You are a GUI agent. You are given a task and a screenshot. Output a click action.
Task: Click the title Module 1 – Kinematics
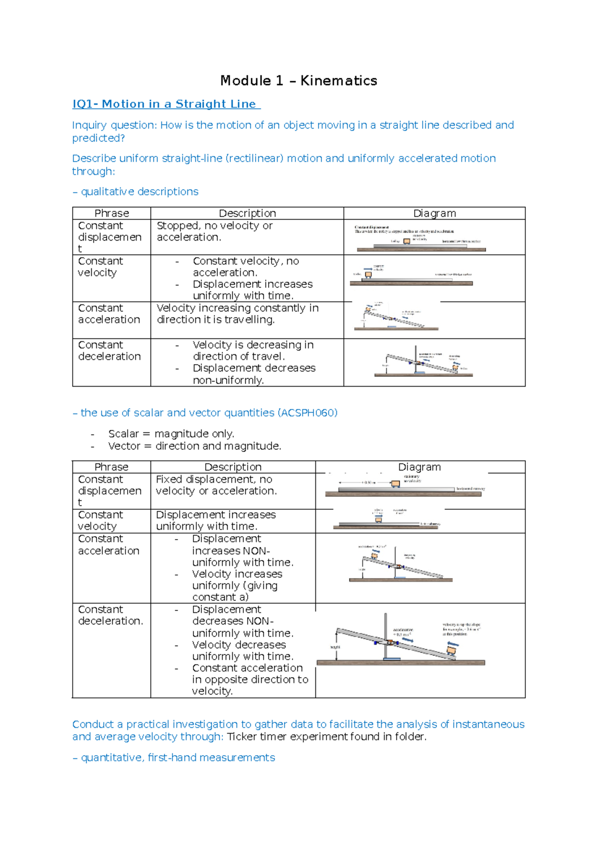[x=299, y=81]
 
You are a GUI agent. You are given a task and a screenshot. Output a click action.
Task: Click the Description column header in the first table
[x=247, y=213]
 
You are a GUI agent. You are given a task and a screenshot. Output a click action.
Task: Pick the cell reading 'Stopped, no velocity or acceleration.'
[x=214, y=232]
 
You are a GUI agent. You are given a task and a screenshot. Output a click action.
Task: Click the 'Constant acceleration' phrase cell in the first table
[x=109, y=314]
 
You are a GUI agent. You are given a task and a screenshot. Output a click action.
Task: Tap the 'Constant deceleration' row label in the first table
[x=109, y=351]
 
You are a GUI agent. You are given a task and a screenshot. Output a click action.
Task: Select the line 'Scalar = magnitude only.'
[x=171, y=434]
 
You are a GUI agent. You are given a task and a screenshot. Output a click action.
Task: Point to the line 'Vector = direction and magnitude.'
[x=194, y=446]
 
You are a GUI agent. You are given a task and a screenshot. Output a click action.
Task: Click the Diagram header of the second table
[x=419, y=467]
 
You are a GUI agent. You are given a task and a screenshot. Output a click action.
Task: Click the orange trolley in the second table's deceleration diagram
[x=451, y=650]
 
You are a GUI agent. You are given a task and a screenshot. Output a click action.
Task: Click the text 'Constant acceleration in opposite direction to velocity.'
[x=249, y=680]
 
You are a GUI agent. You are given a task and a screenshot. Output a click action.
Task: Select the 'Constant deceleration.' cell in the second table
[x=110, y=615]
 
